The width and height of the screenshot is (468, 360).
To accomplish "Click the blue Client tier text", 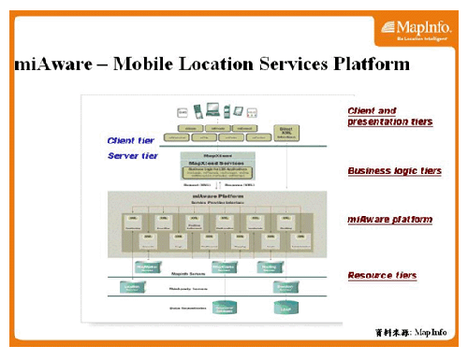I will (x=132, y=140).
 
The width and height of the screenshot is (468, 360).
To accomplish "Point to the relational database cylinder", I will (x=225, y=307).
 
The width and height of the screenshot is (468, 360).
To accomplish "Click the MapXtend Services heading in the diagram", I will (x=219, y=163).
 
